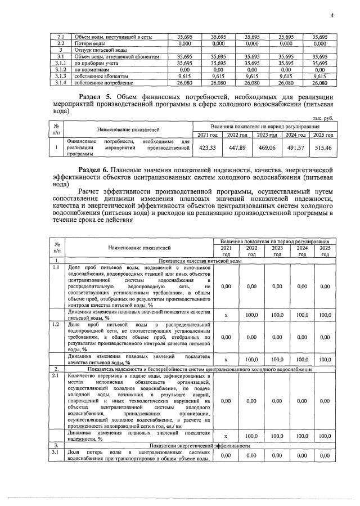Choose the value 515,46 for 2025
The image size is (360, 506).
(x=322, y=149)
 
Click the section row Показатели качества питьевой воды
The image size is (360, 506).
(x=200, y=261)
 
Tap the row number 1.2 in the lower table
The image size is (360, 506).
(x=56, y=325)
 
